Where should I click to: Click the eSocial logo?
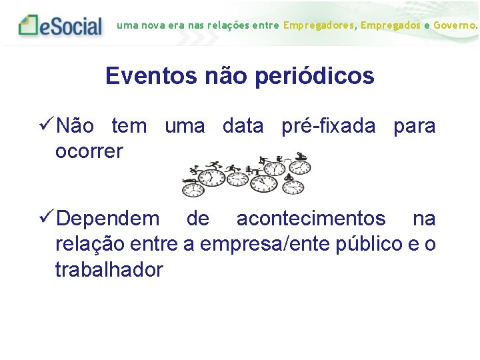[x=61, y=25]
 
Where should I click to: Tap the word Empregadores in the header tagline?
[x=319, y=25]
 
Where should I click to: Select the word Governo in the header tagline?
[x=455, y=25]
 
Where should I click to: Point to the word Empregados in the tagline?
[x=391, y=25]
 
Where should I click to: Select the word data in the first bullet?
[x=243, y=125]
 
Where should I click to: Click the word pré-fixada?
[x=329, y=125]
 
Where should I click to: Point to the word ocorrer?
[x=89, y=151]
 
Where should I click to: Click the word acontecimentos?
[x=311, y=218]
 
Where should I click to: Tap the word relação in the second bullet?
[x=87, y=244]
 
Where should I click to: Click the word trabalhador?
[x=109, y=270]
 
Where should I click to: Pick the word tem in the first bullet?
[x=129, y=125]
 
